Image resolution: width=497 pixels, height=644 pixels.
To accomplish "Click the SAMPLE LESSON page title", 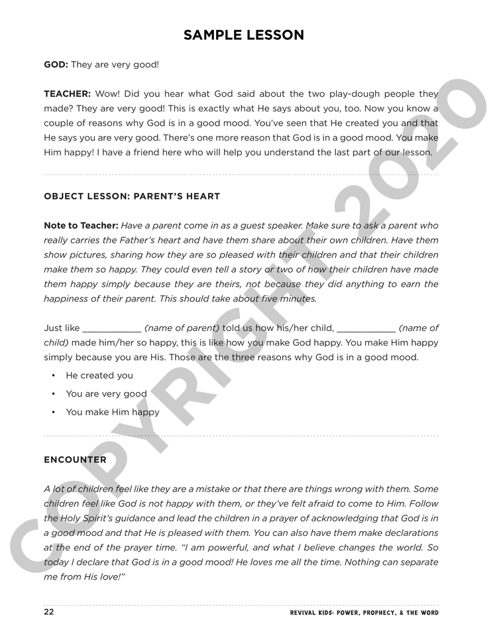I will click(x=244, y=35).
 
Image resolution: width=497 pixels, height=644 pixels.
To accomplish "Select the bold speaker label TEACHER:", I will click(x=67, y=94).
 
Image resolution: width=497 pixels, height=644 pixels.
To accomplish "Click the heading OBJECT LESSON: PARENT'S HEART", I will click(x=132, y=196).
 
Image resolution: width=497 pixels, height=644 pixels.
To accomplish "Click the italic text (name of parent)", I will click(x=182, y=328).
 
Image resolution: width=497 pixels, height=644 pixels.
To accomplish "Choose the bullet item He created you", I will click(x=99, y=375).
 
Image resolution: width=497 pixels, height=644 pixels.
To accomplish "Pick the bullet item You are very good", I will click(x=106, y=394).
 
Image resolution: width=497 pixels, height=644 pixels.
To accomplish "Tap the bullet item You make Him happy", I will click(x=113, y=412).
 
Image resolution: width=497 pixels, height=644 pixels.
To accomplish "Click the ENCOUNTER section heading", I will click(x=75, y=459).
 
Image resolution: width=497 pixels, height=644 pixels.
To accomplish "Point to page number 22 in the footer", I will click(x=49, y=612).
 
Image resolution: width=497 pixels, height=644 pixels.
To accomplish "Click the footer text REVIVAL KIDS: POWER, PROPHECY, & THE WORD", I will click(x=364, y=613).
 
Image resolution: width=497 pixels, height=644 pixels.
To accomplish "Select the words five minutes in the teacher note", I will click(x=289, y=298).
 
